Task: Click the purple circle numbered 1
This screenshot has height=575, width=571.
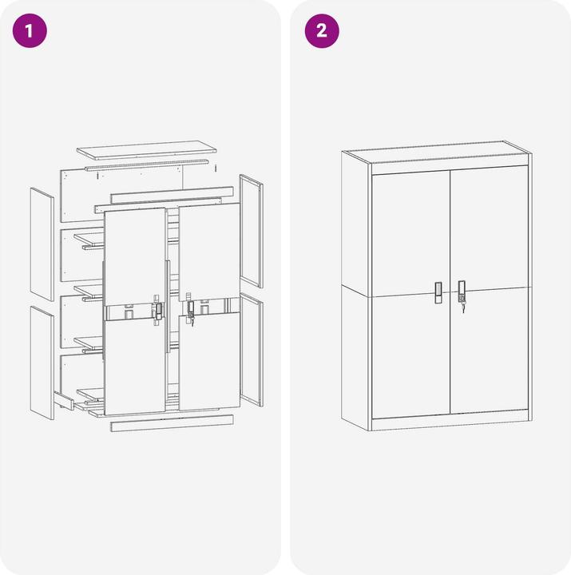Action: click(30, 31)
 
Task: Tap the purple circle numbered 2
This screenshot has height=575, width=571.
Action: click(322, 31)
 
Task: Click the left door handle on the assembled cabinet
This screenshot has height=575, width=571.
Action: click(438, 292)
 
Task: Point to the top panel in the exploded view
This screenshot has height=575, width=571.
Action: click(147, 150)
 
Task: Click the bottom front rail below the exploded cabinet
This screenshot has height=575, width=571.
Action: click(172, 423)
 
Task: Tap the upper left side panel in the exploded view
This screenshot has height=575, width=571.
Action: click(42, 244)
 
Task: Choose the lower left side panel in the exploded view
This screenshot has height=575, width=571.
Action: click(42, 363)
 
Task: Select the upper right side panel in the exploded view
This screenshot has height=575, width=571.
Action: click(252, 231)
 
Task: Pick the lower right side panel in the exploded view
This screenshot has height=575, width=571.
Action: click(252, 350)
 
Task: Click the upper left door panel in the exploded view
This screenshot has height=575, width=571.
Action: click(135, 256)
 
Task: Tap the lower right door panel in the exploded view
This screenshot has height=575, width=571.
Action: click(209, 361)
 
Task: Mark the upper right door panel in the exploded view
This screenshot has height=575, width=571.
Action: click(209, 252)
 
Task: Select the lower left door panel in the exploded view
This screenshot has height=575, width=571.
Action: click(135, 367)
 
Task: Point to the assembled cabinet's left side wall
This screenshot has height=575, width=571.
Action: click(356, 291)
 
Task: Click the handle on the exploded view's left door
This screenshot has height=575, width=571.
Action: click(158, 311)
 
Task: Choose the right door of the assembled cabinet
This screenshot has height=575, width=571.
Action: click(489, 290)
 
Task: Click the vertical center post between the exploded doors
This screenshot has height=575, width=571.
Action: click(168, 307)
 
